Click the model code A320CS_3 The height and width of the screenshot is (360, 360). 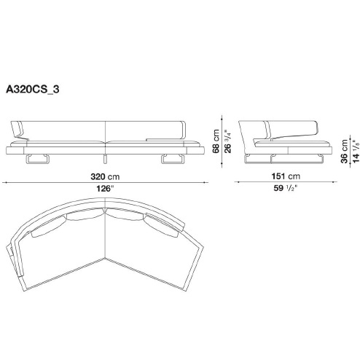point(33,90)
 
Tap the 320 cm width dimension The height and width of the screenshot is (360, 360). point(105,176)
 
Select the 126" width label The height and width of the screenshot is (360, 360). point(105,189)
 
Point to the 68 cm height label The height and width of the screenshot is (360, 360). point(216,141)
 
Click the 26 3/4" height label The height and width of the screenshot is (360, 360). point(228,141)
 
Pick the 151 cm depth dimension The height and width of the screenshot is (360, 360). point(286,176)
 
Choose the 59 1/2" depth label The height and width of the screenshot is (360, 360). point(286,188)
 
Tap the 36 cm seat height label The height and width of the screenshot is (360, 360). point(344,151)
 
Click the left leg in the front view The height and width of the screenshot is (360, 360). point(38,160)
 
